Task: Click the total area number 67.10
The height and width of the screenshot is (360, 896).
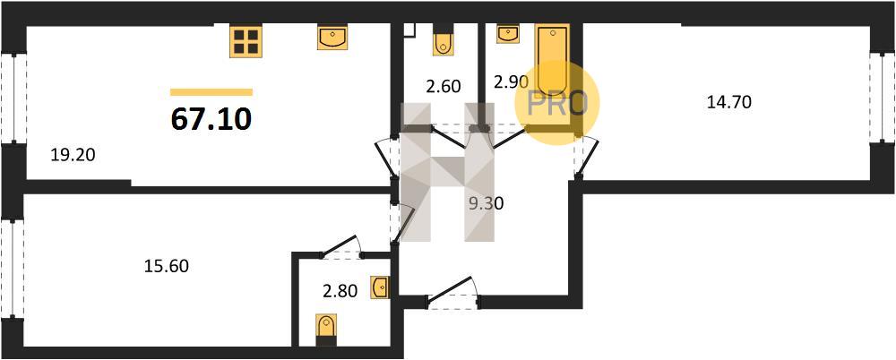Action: [x=211, y=118]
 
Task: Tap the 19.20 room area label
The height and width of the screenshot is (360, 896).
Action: [x=73, y=155]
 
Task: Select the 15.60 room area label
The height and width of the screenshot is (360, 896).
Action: [x=167, y=266]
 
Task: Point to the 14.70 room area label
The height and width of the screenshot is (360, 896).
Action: [x=728, y=102]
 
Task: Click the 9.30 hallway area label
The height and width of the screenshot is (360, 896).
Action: [x=487, y=203]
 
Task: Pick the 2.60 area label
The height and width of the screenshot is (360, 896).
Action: [x=443, y=87]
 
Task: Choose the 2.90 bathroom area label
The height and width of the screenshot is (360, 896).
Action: [x=512, y=81]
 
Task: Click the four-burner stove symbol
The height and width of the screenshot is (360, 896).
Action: [x=245, y=41]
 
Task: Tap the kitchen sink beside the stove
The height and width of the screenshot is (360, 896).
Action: [x=332, y=38]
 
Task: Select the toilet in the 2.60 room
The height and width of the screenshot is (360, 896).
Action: [x=443, y=42]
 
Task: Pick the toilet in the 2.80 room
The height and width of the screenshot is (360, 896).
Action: [x=326, y=329]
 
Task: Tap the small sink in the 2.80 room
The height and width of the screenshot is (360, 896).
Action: [x=380, y=287]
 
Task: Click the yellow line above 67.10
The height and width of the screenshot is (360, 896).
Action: [x=211, y=91]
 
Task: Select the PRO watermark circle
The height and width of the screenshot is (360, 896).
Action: [x=556, y=102]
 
